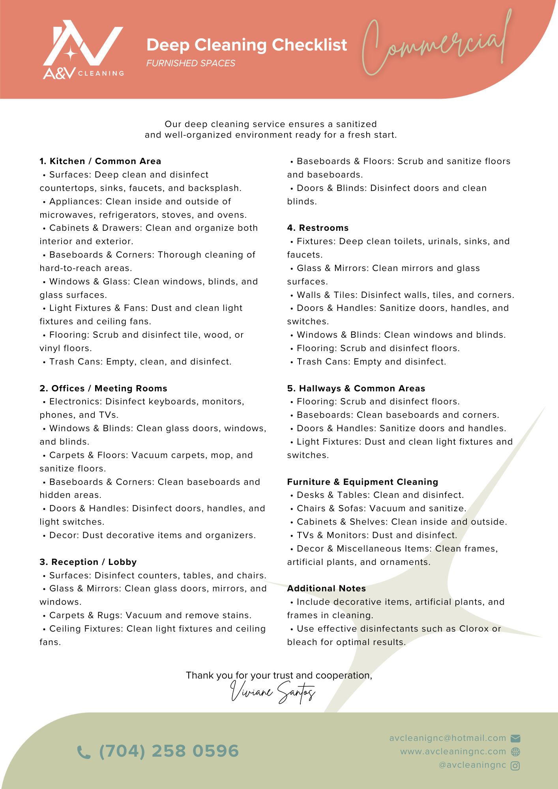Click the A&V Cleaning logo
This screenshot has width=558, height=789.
83,50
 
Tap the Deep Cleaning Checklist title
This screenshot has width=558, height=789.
247,45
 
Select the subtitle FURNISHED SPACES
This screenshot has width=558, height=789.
191,63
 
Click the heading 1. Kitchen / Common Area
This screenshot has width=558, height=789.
100,161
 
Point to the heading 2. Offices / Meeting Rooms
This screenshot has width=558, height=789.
103,388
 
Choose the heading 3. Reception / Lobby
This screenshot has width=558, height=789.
88,562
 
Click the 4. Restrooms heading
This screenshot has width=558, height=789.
318,228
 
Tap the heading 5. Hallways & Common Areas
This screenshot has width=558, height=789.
356,388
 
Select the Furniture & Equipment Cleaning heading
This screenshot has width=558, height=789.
362,482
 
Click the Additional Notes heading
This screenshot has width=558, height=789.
326,588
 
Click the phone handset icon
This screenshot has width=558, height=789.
84,752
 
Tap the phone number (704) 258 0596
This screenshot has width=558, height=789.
169,751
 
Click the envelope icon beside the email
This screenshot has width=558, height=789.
515,738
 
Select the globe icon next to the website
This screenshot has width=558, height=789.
515,752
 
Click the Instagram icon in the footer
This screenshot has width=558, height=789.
515,766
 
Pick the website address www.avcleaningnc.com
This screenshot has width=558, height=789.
453,752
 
